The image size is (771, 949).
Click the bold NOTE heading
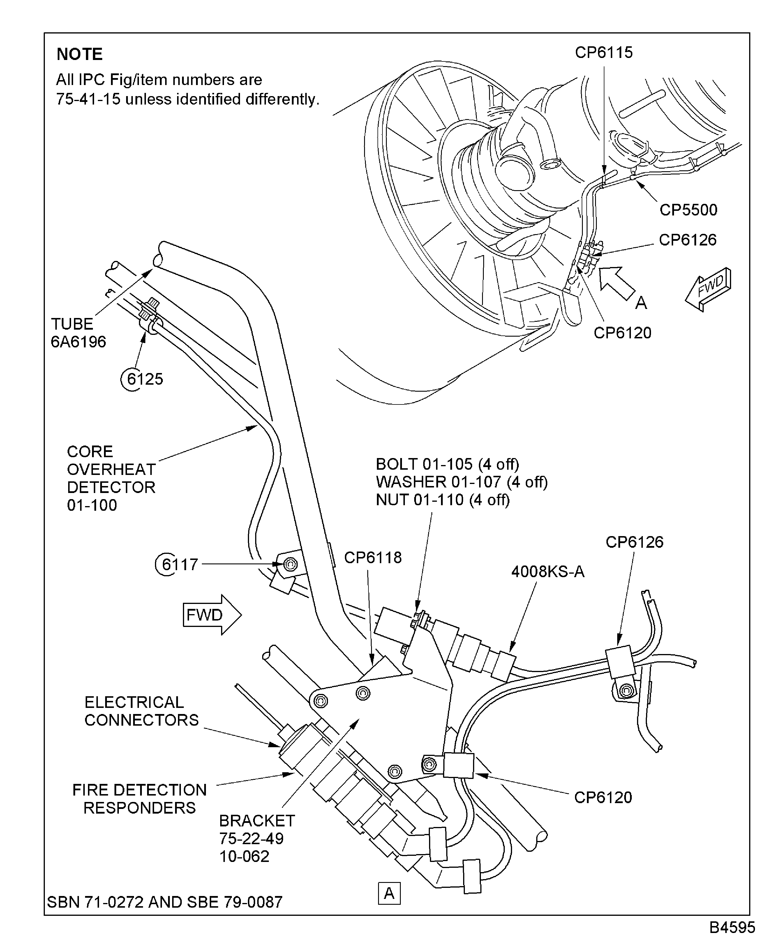(80, 54)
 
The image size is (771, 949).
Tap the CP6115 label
(604, 52)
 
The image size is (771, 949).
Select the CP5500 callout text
(688, 210)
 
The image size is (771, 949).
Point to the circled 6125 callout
(142, 379)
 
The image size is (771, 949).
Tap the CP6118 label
(372, 557)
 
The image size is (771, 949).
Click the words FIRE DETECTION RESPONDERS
(140, 798)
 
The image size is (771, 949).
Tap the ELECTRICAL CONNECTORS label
(141, 711)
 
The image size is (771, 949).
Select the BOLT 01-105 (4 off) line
(447, 464)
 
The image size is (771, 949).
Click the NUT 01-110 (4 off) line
(442, 500)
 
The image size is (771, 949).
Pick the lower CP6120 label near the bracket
(602, 797)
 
